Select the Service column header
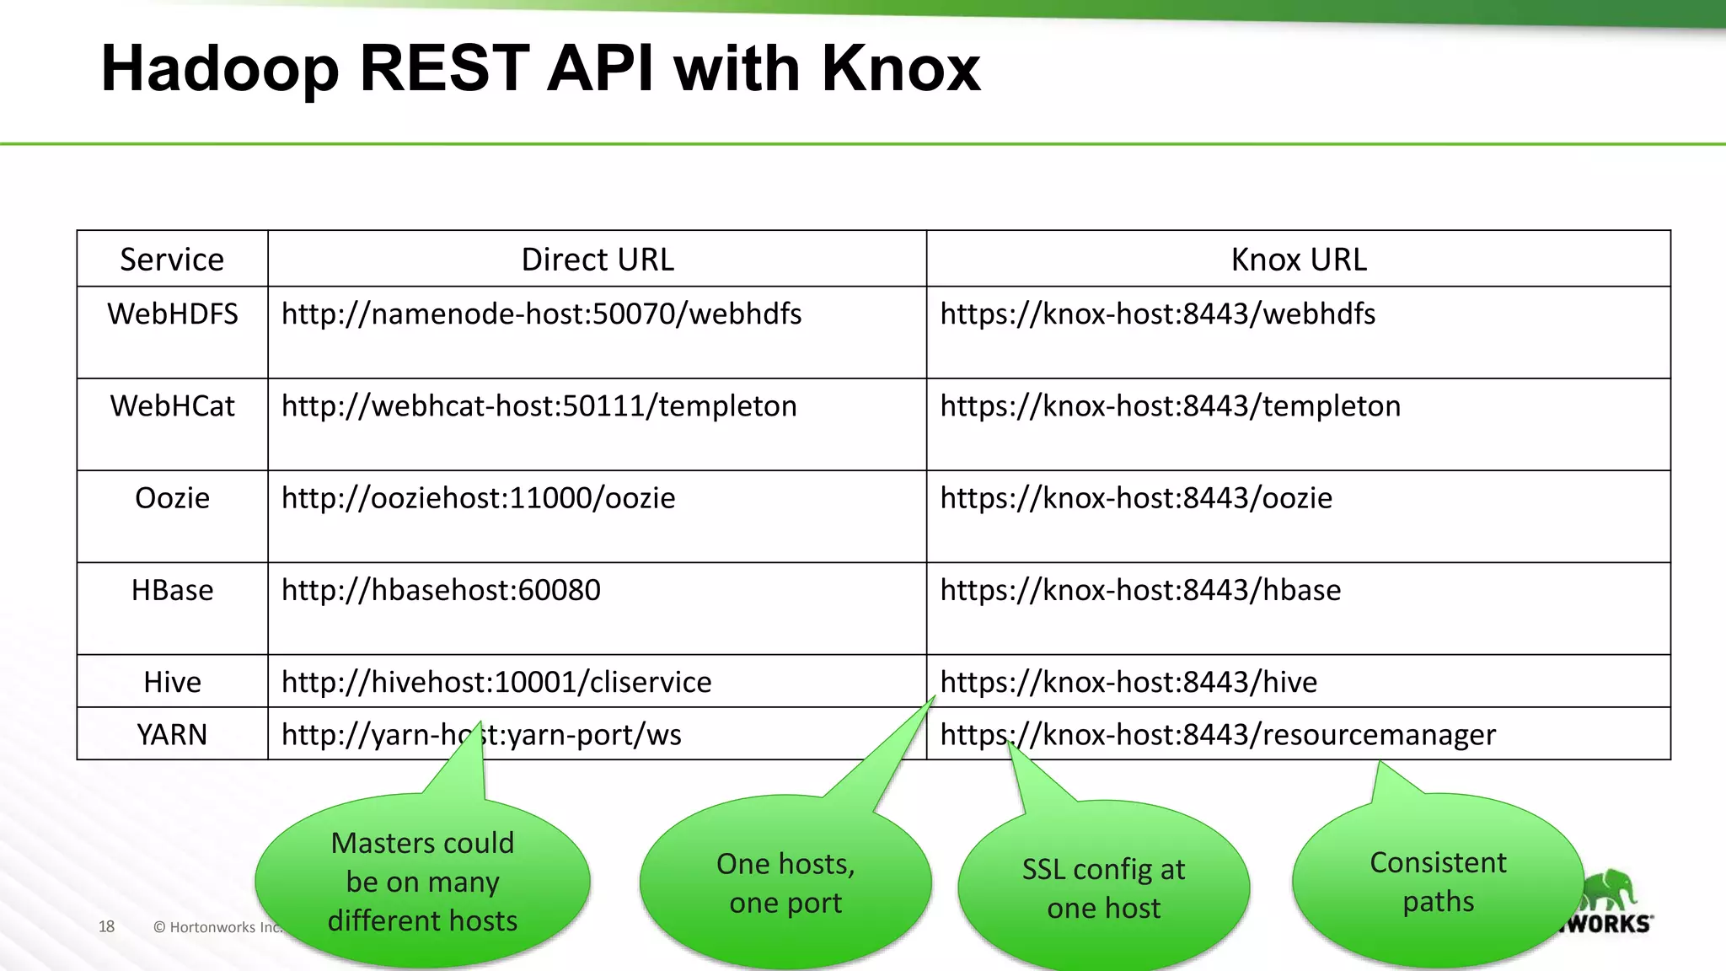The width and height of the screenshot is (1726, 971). click(x=172, y=260)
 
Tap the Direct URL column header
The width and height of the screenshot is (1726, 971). click(x=598, y=260)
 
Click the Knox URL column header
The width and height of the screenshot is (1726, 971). click(x=1298, y=260)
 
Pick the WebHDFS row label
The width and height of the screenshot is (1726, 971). click(x=172, y=314)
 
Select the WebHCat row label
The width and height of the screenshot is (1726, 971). click(x=172, y=406)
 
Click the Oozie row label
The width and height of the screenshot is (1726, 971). click(x=172, y=498)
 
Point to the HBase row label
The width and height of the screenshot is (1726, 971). click(x=172, y=590)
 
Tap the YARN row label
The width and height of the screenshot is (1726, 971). click(x=172, y=735)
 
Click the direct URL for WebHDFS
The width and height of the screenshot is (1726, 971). click(x=541, y=314)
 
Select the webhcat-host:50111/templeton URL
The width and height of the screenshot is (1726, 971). click(x=539, y=406)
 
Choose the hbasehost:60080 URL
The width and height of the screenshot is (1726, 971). click(x=441, y=590)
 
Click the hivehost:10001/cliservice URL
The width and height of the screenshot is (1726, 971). click(x=496, y=682)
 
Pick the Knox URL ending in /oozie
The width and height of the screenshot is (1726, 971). click(x=1136, y=498)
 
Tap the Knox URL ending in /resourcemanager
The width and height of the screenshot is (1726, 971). click(x=1218, y=735)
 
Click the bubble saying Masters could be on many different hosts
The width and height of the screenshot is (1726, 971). click(x=422, y=882)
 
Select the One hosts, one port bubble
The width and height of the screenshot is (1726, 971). click(x=785, y=883)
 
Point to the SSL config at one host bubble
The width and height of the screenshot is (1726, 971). click(x=1103, y=888)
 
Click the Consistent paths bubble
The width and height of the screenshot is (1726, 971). click(x=1438, y=882)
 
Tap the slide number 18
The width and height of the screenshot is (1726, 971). click(x=106, y=926)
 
